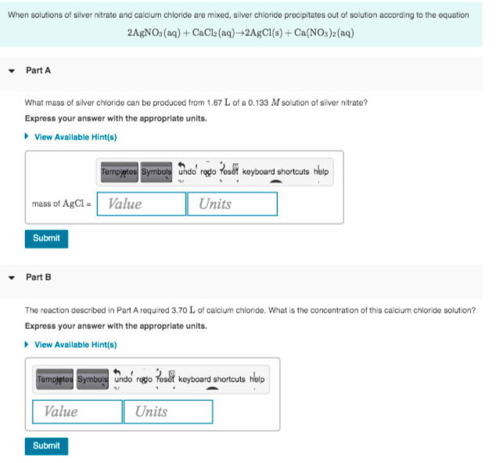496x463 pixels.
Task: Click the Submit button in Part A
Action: tap(46, 238)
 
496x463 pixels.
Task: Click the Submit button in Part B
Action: tap(46, 446)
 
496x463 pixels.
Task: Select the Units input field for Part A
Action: tap(232, 204)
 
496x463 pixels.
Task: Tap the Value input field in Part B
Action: tap(77, 411)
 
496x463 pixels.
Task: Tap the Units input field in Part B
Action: tap(167, 411)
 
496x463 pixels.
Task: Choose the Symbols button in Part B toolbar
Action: tap(92, 379)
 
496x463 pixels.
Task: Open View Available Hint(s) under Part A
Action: tap(75, 136)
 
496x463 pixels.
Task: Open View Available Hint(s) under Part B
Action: tap(75, 344)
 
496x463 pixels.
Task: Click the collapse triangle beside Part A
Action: tap(12, 71)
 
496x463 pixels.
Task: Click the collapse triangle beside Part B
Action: tap(12, 277)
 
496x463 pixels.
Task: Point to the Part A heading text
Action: tap(38, 71)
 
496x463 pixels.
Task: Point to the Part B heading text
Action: tap(38, 277)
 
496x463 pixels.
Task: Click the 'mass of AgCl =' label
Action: tap(63, 204)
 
